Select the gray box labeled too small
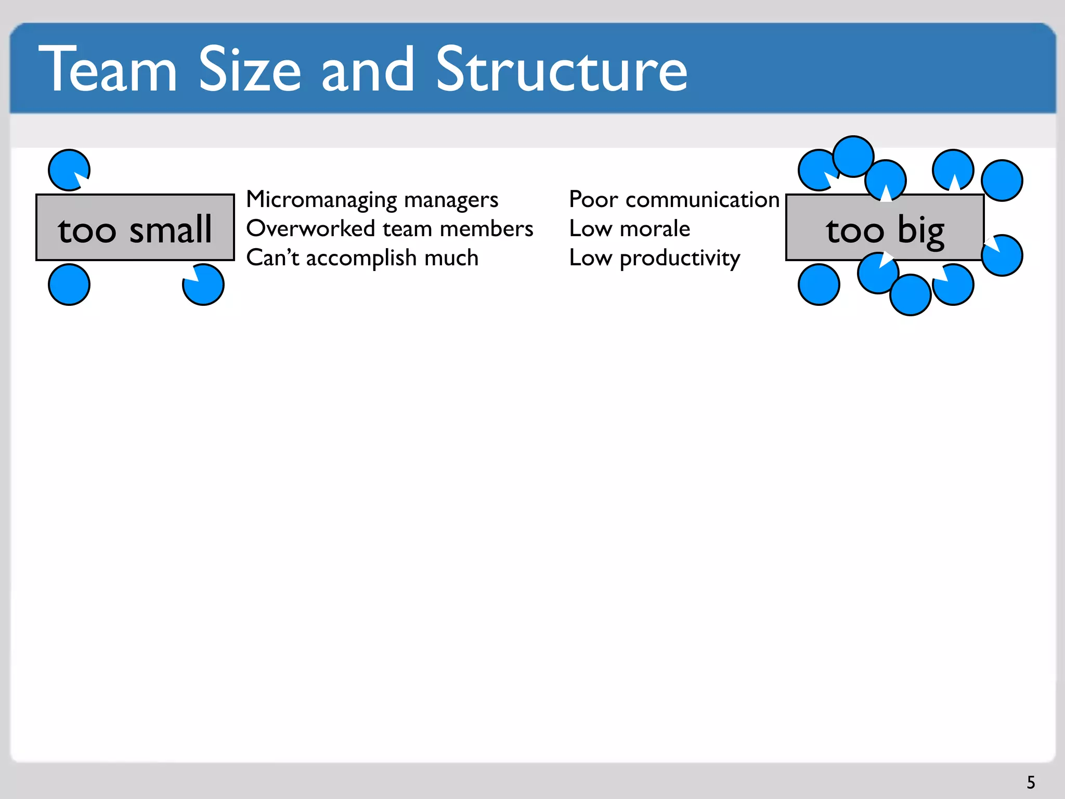click(135, 228)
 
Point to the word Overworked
click(310, 229)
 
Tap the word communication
click(702, 200)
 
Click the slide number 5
click(1031, 782)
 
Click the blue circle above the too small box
click(69, 170)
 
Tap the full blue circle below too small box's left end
click(69, 285)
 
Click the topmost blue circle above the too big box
click(853, 156)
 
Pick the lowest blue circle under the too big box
click(910, 295)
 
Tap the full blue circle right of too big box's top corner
click(1002, 180)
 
